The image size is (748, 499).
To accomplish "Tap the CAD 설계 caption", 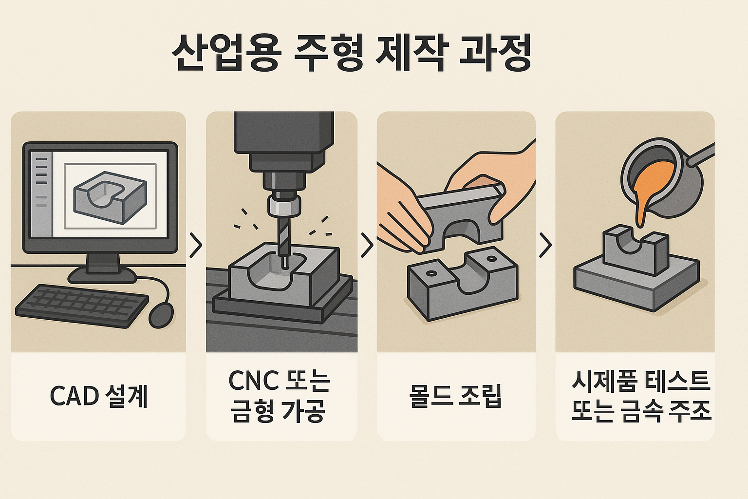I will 99,396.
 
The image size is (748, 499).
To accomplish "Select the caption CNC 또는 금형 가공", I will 280,396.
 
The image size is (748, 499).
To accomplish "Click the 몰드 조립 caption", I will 456,396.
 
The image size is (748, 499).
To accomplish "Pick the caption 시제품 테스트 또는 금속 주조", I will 641,396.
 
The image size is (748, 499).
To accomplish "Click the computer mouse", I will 161,315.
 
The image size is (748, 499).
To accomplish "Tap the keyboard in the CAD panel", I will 82,305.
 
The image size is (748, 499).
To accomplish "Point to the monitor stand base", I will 102,275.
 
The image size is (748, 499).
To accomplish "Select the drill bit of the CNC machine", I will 284,239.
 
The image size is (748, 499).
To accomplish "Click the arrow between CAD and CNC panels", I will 196,245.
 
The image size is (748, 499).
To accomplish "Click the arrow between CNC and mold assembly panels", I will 367,245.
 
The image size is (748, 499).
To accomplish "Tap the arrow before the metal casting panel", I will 545,245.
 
